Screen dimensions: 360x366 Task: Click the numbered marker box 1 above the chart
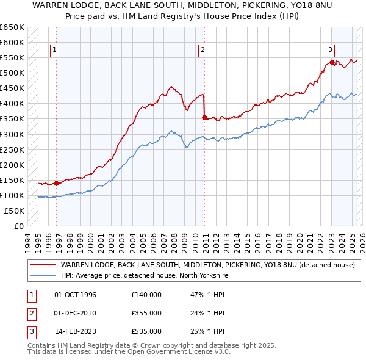click(56, 51)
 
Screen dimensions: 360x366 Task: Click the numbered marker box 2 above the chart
click(203, 51)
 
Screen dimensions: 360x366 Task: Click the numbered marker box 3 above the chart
click(330, 50)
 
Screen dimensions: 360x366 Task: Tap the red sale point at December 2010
click(205, 117)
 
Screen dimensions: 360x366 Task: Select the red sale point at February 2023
click(331, 62)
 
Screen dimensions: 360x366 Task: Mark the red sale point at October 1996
click(57, 183)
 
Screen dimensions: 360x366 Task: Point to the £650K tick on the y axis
click(12, 27)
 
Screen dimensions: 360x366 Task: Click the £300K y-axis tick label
click(12, 134)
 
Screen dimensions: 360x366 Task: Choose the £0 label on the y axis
click(18, 226)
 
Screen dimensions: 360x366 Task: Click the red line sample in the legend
click(43, 265)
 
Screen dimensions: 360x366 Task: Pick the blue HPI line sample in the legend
click(43, 275)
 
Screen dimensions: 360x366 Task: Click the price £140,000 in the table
click(146, 295)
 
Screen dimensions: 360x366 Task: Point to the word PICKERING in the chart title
click(260, 6)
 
